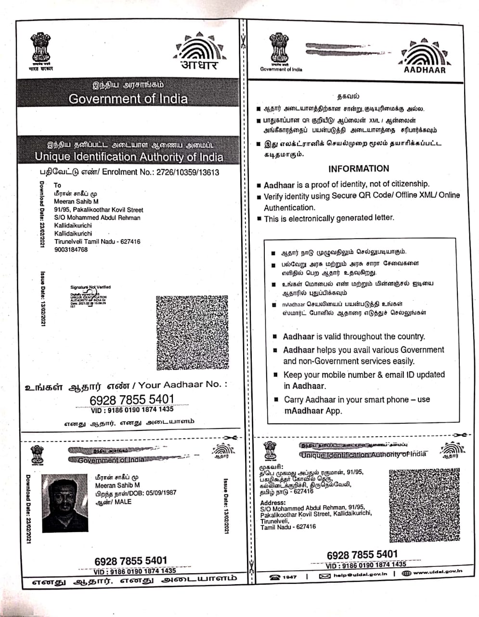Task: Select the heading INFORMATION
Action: pyautogui.click(x=359, y=169)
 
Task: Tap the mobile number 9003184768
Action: pyautogui.click(x=71, y=250)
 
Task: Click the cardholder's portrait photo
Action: pyautogui.click(x=65, y=502)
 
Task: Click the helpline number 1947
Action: pyautogui.click(x=289, y=577)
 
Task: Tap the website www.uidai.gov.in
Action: pyautogui.click(x=438, y=572)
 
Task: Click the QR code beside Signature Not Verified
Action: pyautogui.click(x=192, y=332)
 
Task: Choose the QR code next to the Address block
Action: pyautogui.click(x=424, y=504)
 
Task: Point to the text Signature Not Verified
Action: pyautogui.click(x=91, y=287)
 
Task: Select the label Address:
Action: pyautogui.click(x=273, y=503)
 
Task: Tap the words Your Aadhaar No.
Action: pyautogui.click(x=182, y=385)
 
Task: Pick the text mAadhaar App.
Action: pyautogui.click(x=313, y=411)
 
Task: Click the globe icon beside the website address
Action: pyautogui.click(x=406, y=573)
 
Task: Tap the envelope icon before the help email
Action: pyautogui.click(x=325, y=576)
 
